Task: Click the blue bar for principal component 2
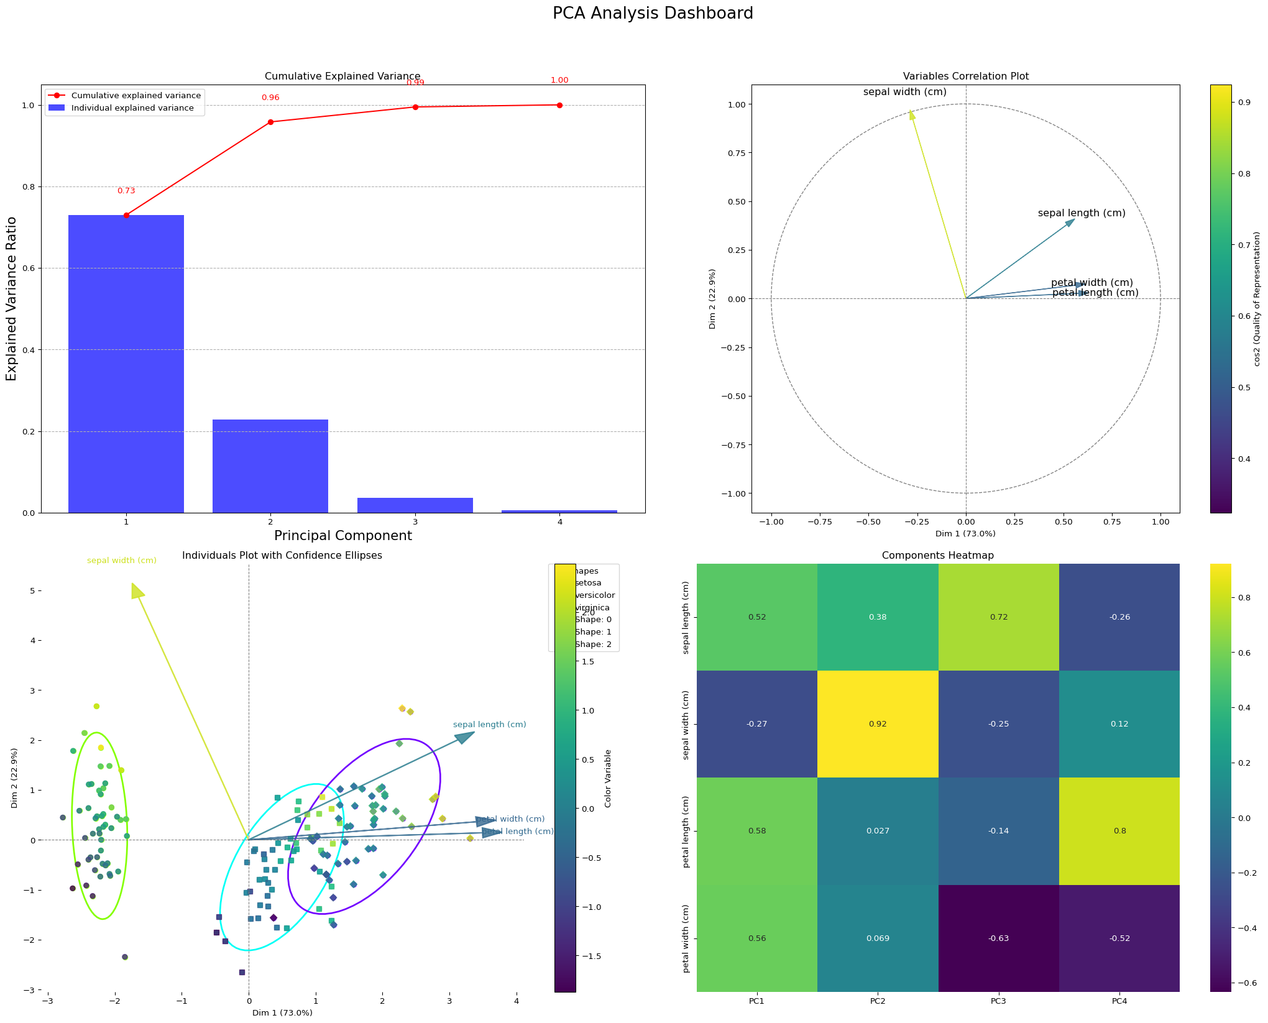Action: tap(270, 466)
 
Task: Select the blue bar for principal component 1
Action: tap(126, 364)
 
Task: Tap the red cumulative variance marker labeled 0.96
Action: tap(270, 122)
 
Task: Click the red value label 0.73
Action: tap(126, 191)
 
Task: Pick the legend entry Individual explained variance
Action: tap(132, 108)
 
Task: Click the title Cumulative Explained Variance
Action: tap(342, 76)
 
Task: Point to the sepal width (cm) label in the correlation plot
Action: tap(904, 92)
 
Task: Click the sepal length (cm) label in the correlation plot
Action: tap(1082, 213)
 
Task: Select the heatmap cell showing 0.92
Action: tap(878, 724)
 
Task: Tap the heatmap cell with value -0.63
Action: tap(998, 938)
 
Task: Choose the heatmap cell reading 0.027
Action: tap(878, 831)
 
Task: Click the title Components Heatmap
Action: tap(937, 556)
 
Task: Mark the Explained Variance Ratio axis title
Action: tap(11, 299)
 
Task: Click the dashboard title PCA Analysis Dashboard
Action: tap(653, 13)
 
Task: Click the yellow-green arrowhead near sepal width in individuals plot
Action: tap(137, 591)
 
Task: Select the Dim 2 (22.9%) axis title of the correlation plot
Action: tap(712, 299)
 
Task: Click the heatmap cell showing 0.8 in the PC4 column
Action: tap(1119, 831)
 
